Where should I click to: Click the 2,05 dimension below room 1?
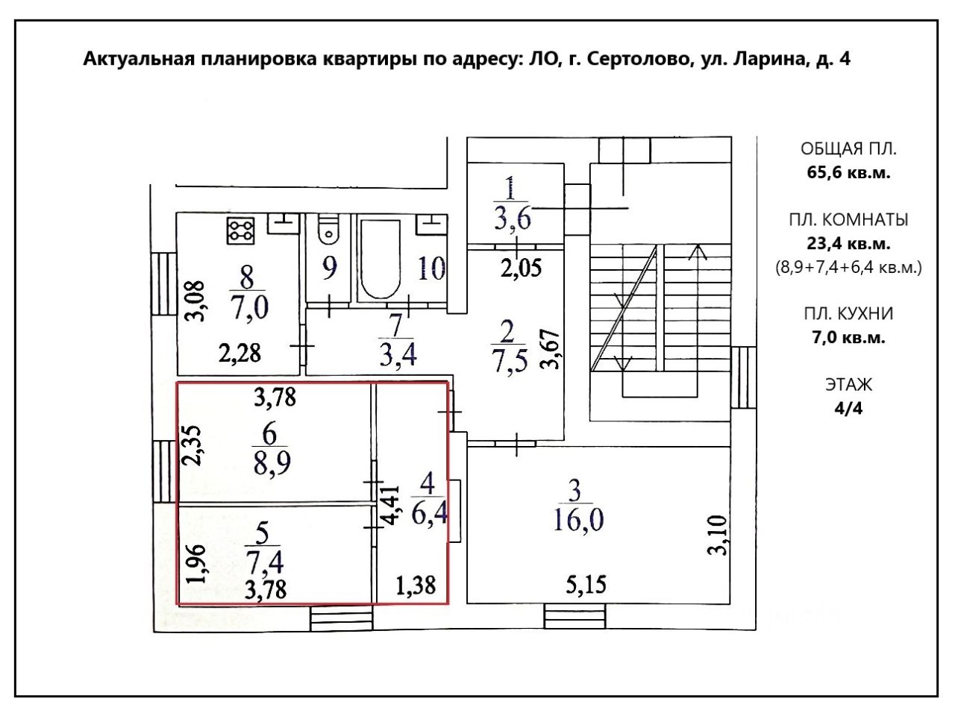521,267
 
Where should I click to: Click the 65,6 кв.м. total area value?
848,172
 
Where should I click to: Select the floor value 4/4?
848,409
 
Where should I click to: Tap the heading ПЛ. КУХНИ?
848,313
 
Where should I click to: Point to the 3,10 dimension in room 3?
717,536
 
